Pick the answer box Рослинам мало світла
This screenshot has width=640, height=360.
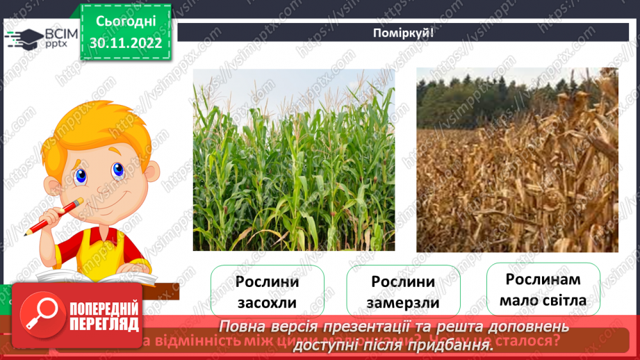tap(543, 290)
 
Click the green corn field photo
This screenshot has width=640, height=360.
tap(293, 159)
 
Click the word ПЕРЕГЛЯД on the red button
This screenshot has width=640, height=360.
tap(104, 325)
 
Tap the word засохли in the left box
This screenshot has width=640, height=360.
tap(267, 303)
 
